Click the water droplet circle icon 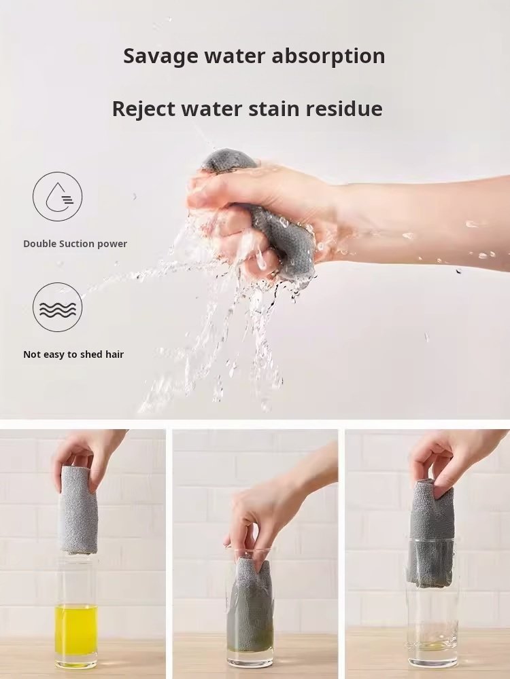(57, 196)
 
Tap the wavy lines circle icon (57, 307)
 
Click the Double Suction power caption (75, 244)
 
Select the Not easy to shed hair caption (73, 354)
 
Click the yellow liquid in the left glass (76, 629)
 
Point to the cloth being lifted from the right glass (430, 532)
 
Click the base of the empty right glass (432, 661)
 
